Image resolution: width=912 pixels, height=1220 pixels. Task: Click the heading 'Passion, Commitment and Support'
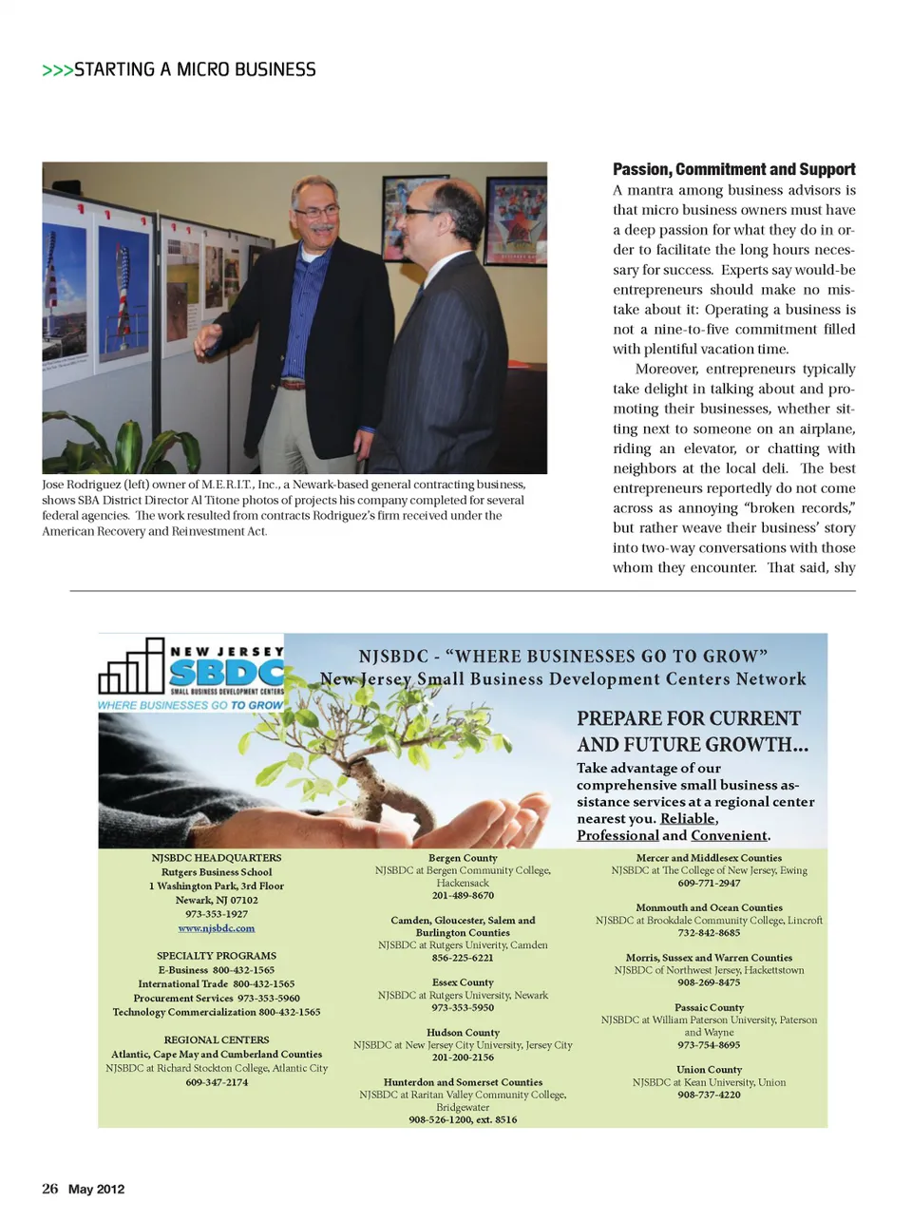click(733, 170)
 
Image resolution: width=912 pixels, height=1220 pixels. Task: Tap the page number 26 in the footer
click(50, 1189)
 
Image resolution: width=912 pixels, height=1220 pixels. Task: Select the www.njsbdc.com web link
click(217, 928)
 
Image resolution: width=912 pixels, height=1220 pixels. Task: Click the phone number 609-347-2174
click(217, 1082)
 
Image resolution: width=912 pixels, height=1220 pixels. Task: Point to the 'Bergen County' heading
click(463, 858)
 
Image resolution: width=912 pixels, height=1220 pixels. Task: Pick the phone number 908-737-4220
click(709, 1095)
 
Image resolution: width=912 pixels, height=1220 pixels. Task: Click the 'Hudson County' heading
click(463, 1033)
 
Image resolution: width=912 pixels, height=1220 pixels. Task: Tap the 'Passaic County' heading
click(709, 1008)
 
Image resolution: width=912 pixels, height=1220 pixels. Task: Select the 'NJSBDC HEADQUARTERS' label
click(217, 858)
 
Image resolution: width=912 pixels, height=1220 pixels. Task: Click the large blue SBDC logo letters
click(226, 673)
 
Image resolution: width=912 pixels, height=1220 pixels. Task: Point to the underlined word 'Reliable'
click(688, 819)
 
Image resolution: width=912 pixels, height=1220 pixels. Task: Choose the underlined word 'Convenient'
click(729, 836)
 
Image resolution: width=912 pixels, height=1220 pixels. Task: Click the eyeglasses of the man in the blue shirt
click(317, 213)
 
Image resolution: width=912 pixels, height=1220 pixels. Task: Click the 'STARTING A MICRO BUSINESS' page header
click(195, 69)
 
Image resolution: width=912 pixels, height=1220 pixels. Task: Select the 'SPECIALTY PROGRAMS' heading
click(217, 956)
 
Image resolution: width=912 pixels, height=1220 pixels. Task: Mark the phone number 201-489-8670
click(463, 896)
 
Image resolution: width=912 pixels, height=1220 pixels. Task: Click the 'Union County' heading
click(709, 1070)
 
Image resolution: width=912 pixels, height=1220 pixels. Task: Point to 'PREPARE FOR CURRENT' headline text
click(689, 719)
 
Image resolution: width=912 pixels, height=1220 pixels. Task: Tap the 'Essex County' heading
click(463, 982)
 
